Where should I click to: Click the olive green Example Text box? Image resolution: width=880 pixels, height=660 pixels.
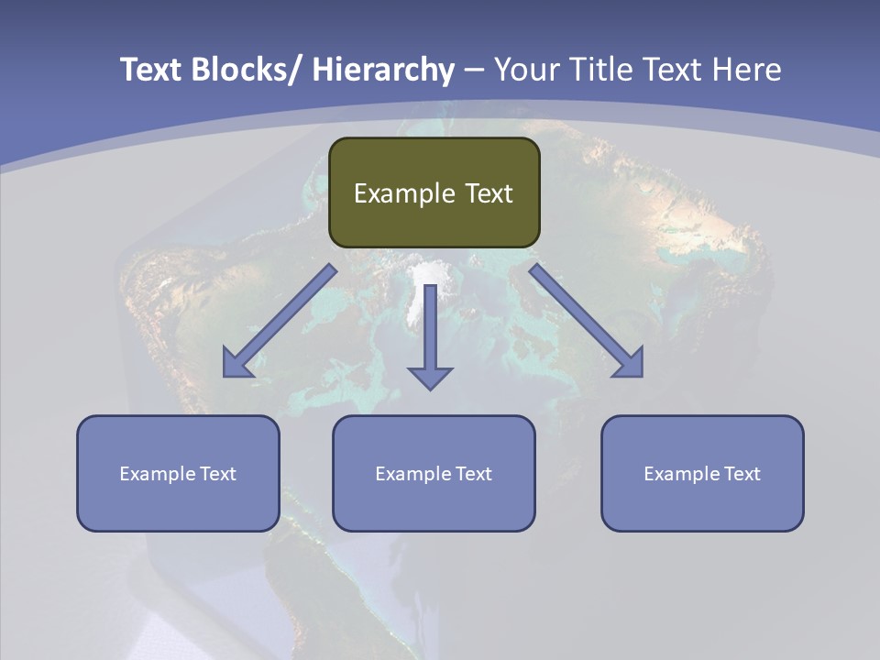(434, 192)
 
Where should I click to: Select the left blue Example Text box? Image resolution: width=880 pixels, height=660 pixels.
(178, 473)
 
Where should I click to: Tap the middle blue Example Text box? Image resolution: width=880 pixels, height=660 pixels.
(434, 473)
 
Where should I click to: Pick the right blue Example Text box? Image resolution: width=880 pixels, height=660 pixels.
(702, 473)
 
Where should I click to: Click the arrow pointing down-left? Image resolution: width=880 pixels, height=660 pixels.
(280, 322)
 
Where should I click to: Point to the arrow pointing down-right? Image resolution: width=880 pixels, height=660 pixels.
(587, 322)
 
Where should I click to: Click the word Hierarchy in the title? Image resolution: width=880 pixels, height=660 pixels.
(383, 70)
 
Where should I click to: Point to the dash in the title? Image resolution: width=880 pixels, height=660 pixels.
(474, 70)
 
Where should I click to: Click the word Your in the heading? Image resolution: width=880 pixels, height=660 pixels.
(525, 70)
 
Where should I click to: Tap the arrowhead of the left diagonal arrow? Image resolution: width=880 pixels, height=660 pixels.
(236, 364)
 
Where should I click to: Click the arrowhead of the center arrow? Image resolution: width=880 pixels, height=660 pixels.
(430, 376)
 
